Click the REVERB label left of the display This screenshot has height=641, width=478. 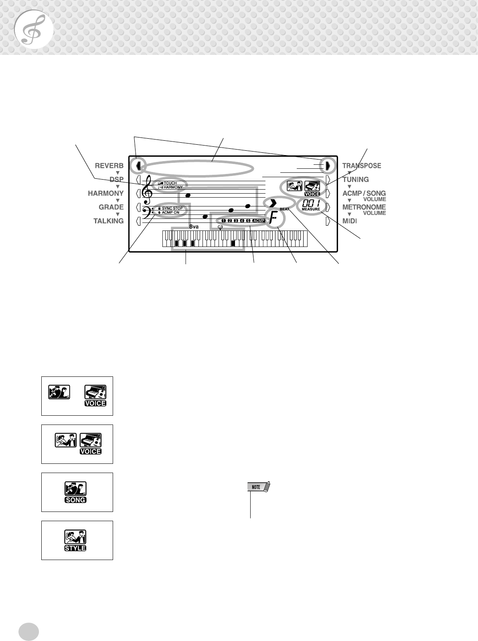[109, 166]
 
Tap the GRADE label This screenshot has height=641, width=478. [111, 207]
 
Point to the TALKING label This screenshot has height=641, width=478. [109, 221]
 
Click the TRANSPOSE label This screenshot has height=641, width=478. [361, 166]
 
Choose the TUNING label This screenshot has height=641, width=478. [355, 179]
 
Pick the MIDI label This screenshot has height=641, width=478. [349, 221]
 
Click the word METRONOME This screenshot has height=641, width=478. [364, 207]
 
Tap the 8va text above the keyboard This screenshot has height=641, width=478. [194, 226]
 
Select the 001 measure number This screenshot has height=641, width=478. [311, 203]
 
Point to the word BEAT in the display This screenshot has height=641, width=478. [284, 209]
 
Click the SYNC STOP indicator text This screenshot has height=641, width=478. [172, 208]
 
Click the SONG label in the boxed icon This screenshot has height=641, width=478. [75, 500]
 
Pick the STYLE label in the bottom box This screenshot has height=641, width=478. [75, 548]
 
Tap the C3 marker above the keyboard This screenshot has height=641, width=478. [220, 227]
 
